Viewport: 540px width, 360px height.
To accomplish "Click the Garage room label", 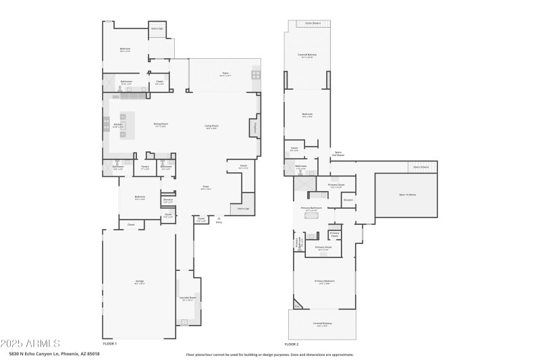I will (x=139, y=281).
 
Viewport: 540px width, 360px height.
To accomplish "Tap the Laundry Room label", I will (x=188, y=298).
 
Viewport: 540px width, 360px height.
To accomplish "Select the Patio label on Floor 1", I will (x=225, y=74).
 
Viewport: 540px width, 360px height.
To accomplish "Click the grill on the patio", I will (x=256, y=75).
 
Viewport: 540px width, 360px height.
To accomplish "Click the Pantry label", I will (x=145, y=167).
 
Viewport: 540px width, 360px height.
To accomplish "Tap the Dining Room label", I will (x=161, y=124).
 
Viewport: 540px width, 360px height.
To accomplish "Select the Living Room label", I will (x=211, y=126).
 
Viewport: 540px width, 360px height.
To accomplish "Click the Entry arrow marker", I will (x=218, y=219).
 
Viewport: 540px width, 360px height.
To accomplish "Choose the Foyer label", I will (x=206, y=188).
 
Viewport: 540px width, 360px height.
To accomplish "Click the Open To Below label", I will (x=407, y=195).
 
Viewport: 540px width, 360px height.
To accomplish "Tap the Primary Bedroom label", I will (x=324, y=281).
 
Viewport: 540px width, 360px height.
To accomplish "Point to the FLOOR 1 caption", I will (x=110, y=344).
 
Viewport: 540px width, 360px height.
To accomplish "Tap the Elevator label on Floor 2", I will (x=348, y=199).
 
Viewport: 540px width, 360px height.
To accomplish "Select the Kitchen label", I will (x=117, y=125).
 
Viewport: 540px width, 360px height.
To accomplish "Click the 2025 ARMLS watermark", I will (x=30, y=343).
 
